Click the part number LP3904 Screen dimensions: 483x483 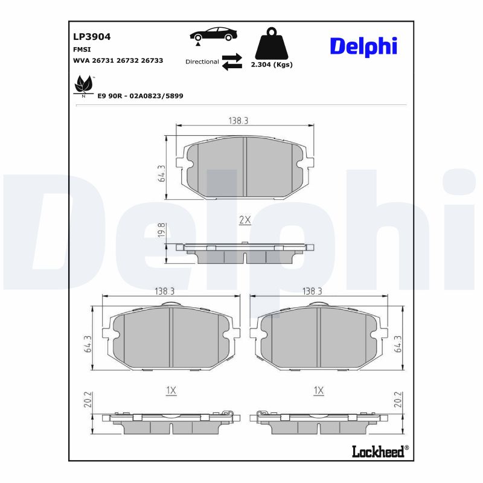[92, 36]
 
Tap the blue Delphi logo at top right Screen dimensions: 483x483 [363, 45]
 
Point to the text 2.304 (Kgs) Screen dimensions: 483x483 [271, 65]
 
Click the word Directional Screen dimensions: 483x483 [202, 62]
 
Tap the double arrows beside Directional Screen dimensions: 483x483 [231, 62]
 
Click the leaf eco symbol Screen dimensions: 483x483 [83, 86]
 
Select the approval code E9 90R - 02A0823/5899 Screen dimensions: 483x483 [140, 96]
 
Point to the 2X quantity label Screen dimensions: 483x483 [245, 220]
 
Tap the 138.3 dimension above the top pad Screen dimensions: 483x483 [238, 121]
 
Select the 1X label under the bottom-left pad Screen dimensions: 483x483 [171, 391]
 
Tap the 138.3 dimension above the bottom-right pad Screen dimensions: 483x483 [312, 291]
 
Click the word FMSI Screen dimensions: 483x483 [82, 50]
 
